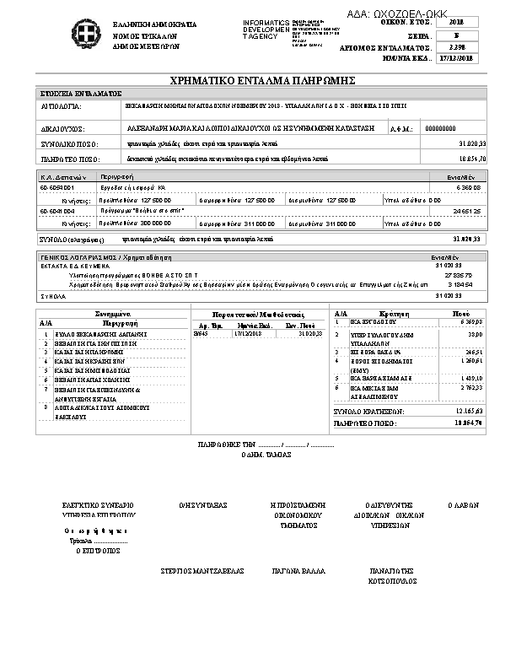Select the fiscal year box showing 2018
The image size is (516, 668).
(x=458, y=22)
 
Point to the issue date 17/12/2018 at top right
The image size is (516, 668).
(x=458, y=59)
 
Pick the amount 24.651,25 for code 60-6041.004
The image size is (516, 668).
(x=466, y=211)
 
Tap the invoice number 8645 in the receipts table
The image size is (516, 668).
(x=201, y=335)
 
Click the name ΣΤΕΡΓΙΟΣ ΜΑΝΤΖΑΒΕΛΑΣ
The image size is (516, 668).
(x=202, y=570)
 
